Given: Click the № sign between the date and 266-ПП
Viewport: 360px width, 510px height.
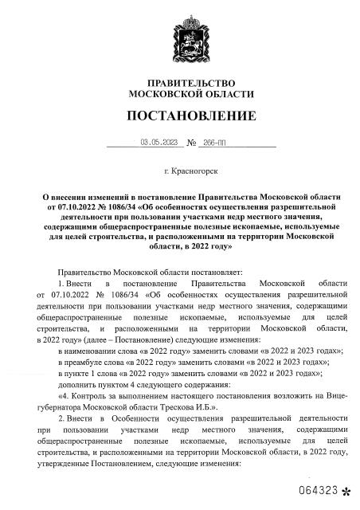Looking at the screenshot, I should click(x=191, y=143).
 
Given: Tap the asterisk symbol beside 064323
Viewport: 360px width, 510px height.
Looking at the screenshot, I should click(x=345, y=491).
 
